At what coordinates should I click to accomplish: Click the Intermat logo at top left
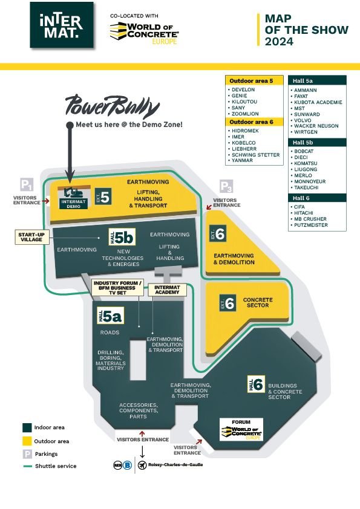pos(62,25)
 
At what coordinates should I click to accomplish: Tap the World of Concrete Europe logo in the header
pos(144,33)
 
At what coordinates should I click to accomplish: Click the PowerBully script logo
pos(113,106)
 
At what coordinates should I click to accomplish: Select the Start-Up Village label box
pos(32,237)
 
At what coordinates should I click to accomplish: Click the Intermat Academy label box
pos(168,290)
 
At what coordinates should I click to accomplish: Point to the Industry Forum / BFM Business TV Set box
pos(117,288)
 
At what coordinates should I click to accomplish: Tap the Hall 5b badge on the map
pos(122,237)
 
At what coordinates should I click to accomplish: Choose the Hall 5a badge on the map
pos(111,316)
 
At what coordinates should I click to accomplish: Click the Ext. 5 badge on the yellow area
pos(103,196)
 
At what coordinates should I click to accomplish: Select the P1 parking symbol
pos(27,185)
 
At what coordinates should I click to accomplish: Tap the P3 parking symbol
pos(226,186)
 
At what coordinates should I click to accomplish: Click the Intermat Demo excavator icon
pos(73,193)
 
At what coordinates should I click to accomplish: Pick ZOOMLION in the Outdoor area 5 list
pos(245,114)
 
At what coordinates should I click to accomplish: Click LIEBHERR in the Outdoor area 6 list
pos(244,149)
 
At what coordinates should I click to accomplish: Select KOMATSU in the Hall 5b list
pos(306,163)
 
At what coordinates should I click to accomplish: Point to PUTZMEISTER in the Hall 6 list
pos(310,225)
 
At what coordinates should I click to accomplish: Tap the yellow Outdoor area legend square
pos(27,441)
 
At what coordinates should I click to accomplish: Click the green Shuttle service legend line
pos(27,466)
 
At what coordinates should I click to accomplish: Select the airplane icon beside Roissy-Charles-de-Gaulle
pos(142,465)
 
